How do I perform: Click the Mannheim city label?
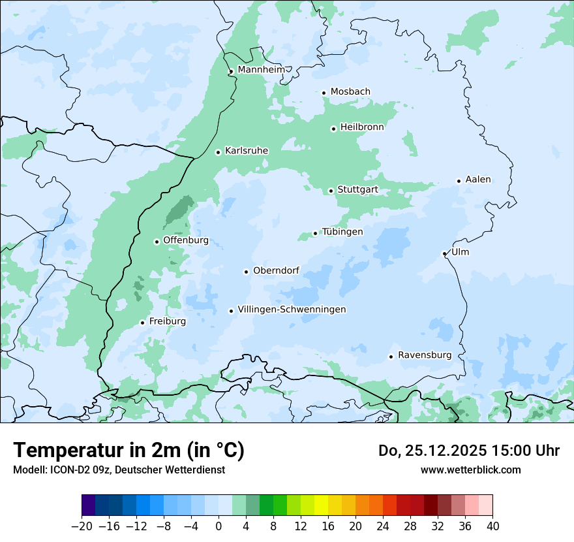coord(261,69)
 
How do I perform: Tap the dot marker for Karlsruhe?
coord(219,152)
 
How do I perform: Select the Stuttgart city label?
coord(357,190)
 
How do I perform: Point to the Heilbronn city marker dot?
coord(333,129)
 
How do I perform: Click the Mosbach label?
coord(350,92)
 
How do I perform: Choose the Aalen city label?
coord(478,180)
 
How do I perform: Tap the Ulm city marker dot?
coord(444,253)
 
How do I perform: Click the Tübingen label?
coord(342,232)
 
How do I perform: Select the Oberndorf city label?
coord(276,270)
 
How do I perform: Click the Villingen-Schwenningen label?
coord(292,310)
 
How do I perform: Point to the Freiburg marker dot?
coord(142,323)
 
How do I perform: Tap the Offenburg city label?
coord(186,240)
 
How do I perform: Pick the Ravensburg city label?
coord(425,355)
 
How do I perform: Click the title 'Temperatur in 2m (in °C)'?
coord(128,451)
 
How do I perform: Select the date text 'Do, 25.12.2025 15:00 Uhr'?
coord(469,451)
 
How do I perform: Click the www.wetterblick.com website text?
coord(470,470)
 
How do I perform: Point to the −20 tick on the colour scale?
coord(82,526)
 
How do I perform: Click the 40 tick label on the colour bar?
coord(492,526)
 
